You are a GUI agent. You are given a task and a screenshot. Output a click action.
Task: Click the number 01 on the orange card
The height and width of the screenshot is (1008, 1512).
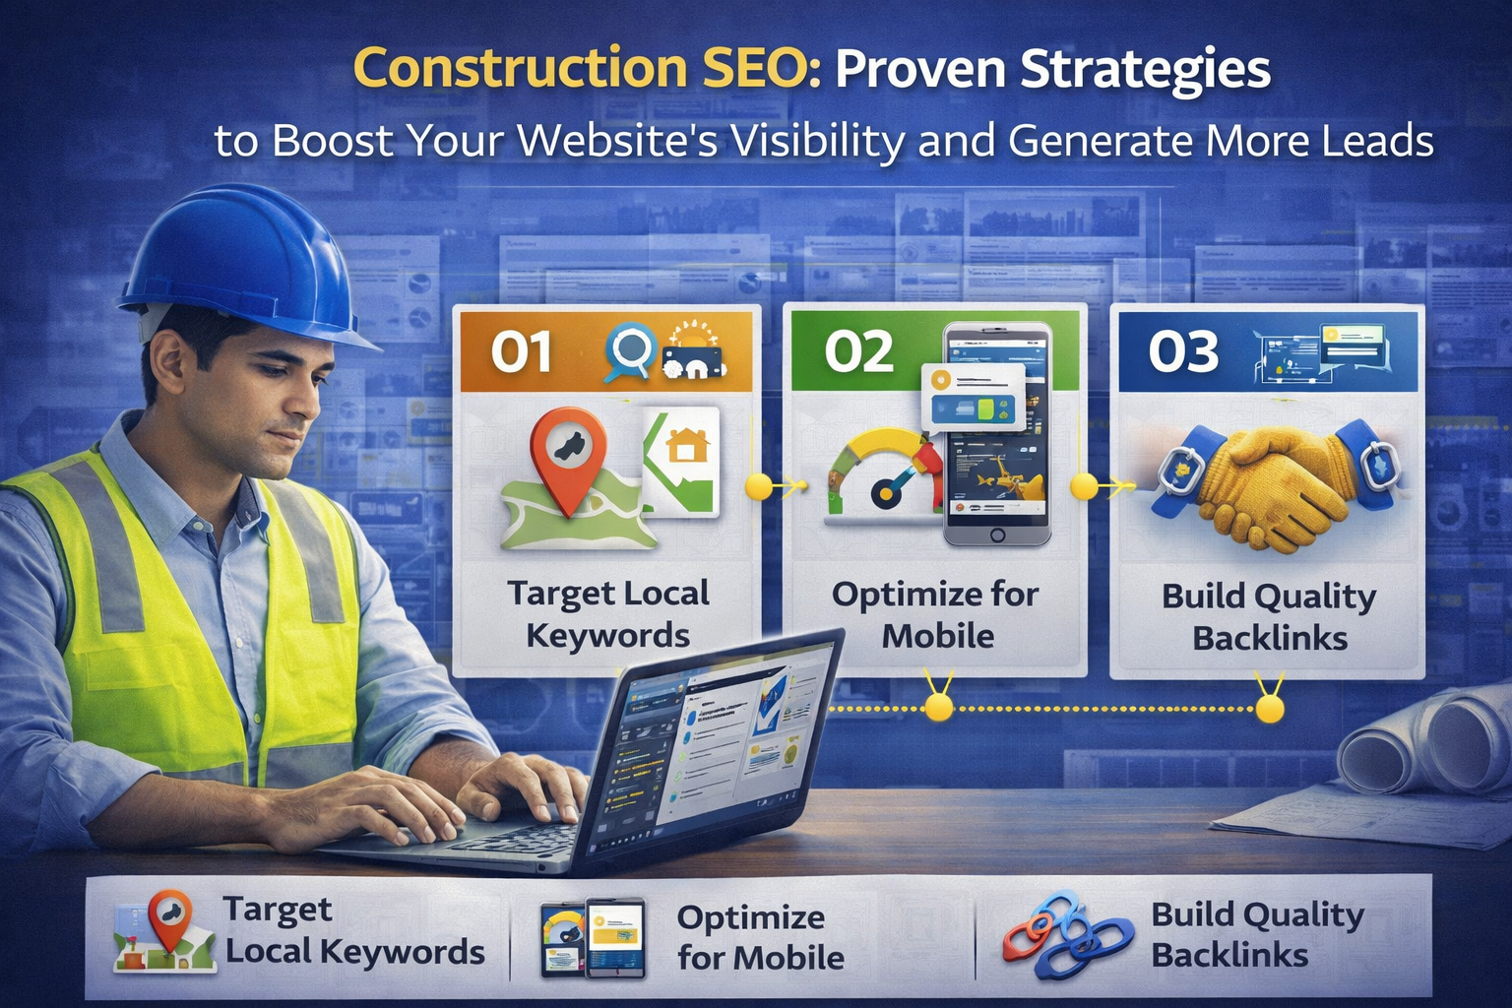point(521,351)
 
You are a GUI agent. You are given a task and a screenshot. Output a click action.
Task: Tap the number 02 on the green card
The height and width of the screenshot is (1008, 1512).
point(858,351)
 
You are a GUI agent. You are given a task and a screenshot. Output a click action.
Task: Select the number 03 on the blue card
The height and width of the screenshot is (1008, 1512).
point(1183,351)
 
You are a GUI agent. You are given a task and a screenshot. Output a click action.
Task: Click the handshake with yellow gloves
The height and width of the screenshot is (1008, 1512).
point(1270,482)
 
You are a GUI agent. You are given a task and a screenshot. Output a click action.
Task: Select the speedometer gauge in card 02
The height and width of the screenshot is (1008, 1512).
point(879,472)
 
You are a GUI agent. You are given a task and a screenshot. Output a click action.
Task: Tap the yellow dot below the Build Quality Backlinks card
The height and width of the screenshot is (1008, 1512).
point(1270,708)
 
